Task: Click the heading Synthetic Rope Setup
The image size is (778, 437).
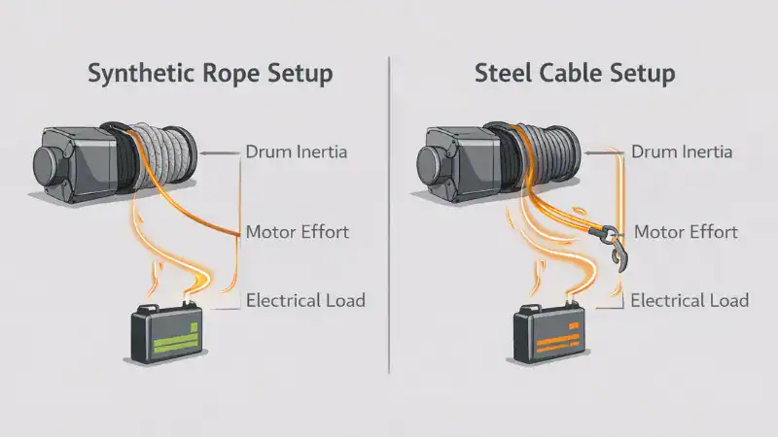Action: (x=210, y=74)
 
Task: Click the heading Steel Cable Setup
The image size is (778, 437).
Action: (x=575, y=74)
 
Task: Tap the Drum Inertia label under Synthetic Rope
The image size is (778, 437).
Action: (x=297, y=151)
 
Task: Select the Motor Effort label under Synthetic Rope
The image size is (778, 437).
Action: (x=298, y=232)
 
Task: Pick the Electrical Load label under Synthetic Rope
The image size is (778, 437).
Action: (x=305, y=300)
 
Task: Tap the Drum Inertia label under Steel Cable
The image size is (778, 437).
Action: (x=682, y=151)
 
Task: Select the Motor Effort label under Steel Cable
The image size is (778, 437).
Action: (x=686, y=232)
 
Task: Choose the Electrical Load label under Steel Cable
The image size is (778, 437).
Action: (x=690, y=300)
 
